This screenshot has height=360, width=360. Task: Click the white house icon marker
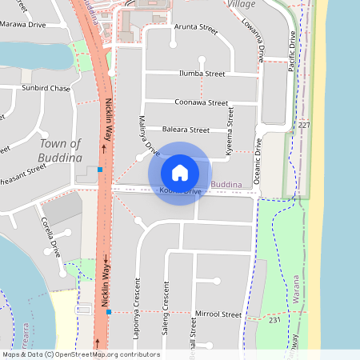[179, 173]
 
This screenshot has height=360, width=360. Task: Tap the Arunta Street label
[196, 29]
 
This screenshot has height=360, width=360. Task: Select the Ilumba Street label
[203, 74]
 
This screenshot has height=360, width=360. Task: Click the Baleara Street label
[185, 130]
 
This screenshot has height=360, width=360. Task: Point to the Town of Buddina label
[60, 151]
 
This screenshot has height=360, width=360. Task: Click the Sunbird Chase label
[46, 87]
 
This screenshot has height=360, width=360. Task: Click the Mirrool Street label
[218, 315]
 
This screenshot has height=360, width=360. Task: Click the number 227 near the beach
[303, 126]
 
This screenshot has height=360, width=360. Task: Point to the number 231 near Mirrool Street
[274, 320]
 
